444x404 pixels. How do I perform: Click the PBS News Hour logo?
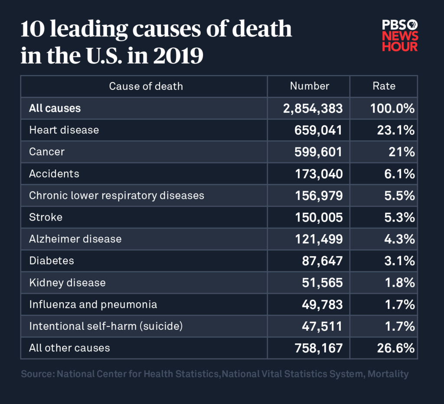pos(399,36)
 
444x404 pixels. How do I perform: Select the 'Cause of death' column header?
pos(146,86)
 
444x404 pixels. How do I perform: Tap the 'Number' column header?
pos(310,86)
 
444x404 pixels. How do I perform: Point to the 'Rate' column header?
pos(384,86)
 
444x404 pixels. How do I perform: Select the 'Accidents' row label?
pos(54,174)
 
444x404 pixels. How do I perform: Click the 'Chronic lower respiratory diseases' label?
pos(116,195)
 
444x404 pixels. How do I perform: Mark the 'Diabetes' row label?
pos(51,261)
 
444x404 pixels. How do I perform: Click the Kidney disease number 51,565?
pos(322,283)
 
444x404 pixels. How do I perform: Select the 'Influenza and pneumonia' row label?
pos(93,304)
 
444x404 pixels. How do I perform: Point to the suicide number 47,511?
pos(322,326)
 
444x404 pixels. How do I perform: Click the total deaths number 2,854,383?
pos(313,108)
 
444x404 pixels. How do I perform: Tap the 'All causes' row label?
pos(55,108)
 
